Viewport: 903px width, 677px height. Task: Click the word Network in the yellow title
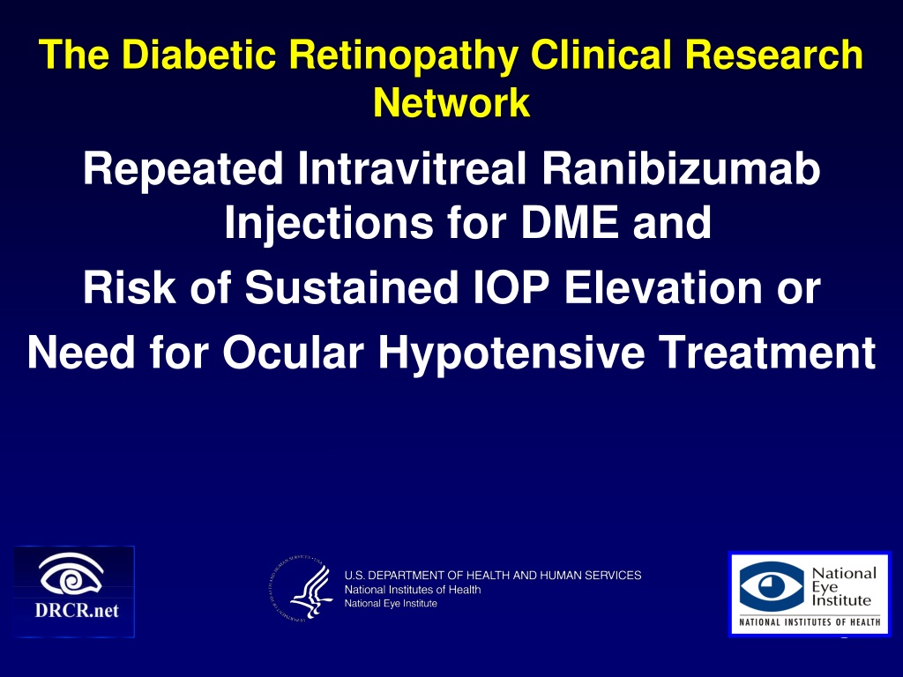(x=451, y=103)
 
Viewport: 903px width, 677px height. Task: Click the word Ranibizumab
(x=681, y=168)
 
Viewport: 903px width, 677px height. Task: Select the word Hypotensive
(x=511, y=353)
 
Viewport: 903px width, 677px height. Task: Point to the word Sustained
(x=351, y=287)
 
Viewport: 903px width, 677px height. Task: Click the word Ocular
(x=293, y=352)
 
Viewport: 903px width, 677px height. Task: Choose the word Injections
(x=329, y=223)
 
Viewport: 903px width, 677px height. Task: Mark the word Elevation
(x=663, y=287)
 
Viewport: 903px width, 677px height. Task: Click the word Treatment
(x=767, y=352)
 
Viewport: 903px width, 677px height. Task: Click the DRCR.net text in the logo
(x=77, y=610)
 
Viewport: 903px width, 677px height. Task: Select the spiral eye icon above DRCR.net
(x=71, y=574)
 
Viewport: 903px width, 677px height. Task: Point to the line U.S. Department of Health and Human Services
(x=492, y=575)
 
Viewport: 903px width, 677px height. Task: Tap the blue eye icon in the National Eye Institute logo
(x=772, y=586)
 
